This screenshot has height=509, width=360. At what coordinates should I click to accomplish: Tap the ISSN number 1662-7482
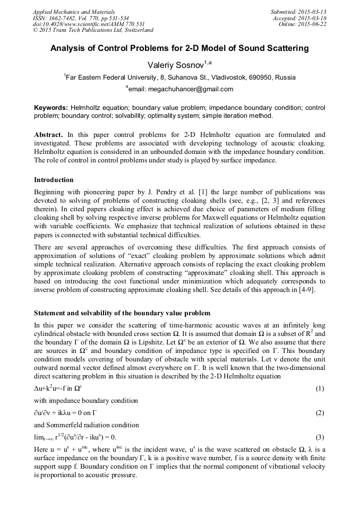[63, 18]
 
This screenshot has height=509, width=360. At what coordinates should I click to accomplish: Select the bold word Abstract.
[49, 135]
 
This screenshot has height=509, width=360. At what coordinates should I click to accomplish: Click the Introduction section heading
[54, 180]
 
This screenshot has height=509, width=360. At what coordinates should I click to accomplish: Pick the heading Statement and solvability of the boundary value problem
[122, 313]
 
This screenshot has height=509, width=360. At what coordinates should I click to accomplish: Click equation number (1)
[320, 389]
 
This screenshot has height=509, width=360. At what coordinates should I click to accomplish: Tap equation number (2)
[320, 413]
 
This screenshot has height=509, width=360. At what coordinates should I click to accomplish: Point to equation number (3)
[320, 437]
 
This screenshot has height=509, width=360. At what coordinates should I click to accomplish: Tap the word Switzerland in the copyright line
[136, 30]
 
